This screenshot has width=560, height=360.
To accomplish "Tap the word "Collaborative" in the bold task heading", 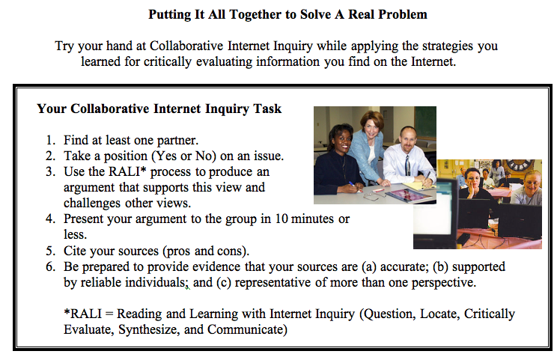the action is [x=109, y=109].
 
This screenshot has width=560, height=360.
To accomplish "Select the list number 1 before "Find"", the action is [x=50, y=140].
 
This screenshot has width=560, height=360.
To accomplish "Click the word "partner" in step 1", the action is [x=177, y=141].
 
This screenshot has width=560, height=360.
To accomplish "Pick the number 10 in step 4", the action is [x=281, y=219].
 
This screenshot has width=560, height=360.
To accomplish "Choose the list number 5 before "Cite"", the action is [x=50, y=251].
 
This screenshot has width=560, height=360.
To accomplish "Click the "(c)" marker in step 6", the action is [x=224, y=282].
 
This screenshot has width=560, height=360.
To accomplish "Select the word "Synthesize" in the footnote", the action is [x=147, y=329].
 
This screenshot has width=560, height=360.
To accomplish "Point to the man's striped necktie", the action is [x=407, y=165].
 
